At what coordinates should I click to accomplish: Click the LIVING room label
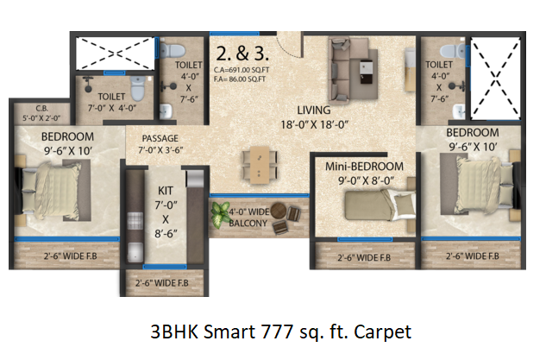[x=314, y=111]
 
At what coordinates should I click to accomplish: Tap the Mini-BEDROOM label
[x=364, y=167]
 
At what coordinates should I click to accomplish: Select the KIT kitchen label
[x=166, y=191]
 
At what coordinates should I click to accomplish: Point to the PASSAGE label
[x=160, y=138]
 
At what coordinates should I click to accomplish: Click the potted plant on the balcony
[x=220, y=214]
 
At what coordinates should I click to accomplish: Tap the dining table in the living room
[x=260, y=165]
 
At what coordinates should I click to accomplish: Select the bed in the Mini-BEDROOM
[x=380, y=205]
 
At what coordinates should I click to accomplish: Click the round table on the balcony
[x=279, y=211]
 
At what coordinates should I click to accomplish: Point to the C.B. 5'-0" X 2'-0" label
[x=41, y=113]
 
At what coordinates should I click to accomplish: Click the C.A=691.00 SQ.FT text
[x=242, y=70]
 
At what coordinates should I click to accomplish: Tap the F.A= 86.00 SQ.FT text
[x=240, y=79]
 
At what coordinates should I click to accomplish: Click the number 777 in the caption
[x=278, y=332]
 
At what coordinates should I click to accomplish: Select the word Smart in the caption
[x=229, y=332]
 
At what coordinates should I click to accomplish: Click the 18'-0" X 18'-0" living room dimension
[x=314, y=124]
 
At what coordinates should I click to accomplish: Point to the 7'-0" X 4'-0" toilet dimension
[x=112, y=108]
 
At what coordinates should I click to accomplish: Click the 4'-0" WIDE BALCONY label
[x=249, y=218]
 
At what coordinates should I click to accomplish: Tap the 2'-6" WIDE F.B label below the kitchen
[x=162, y=282]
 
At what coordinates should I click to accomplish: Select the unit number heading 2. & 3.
[x=242, y=54]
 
